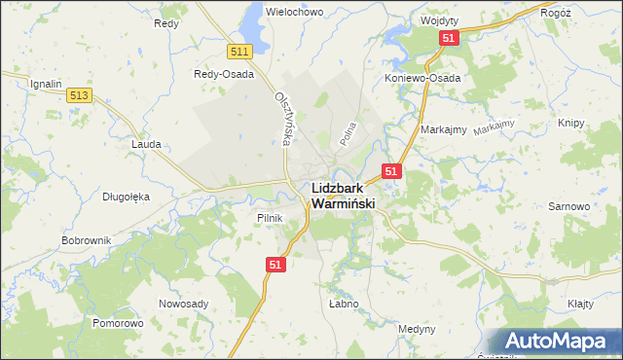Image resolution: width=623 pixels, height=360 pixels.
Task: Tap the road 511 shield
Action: pyautogui.click(x=240, y=51)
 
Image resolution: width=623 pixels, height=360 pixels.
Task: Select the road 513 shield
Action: pyautogui.click(x=80, y=94)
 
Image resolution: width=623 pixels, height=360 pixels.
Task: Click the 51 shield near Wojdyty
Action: pyautogui.click(x=449, y=37)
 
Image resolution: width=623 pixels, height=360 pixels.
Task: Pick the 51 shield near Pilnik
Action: pyautogui.click(x=275, y=264)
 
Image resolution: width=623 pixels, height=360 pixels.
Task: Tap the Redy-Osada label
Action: pyautogui.click(x=224, y=74)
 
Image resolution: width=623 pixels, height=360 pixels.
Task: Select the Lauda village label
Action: pyautogui.click(x=147, y=143)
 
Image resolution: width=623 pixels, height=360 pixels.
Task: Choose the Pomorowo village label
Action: pyautogui.click(x=118, y=322)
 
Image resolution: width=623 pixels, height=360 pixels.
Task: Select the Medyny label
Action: pyautogui.click(x=417, y=329)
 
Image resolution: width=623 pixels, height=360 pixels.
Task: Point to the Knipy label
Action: pyautogui.click(x=571, y=124)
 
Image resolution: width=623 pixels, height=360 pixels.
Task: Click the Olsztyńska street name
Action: pyautogui.click(x=283, y=119)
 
